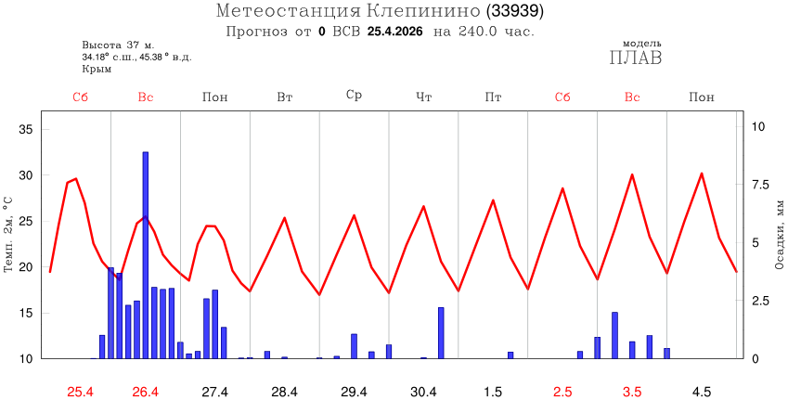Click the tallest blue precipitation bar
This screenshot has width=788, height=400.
point(146,255)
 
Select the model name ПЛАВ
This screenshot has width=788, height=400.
point(636,58)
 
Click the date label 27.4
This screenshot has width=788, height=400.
point(214,392)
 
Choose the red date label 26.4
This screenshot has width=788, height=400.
point(145,392)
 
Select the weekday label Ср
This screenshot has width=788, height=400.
point(354,96)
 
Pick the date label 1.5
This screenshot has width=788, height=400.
point(493,392)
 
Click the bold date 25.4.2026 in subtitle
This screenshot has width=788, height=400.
point(396,32)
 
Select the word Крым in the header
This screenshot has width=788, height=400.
point(97,69)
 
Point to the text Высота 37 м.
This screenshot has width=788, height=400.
point(118,45)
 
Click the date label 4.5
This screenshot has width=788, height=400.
point(702,392)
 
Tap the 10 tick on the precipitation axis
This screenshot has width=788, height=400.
point(758,127)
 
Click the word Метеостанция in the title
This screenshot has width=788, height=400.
point(287,12)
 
